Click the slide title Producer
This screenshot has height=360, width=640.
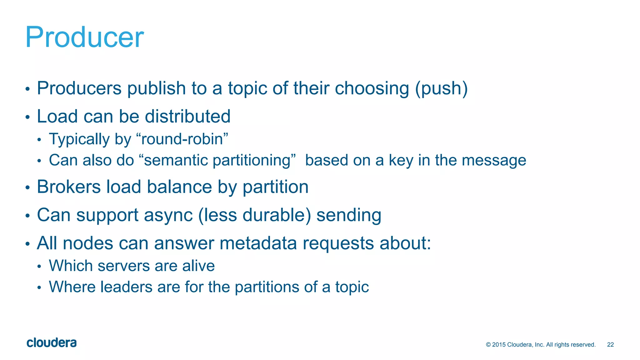(x=84, y=37)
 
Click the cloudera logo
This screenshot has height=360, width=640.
(x=52, y=343)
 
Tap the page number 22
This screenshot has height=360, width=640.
(x=610, y=345)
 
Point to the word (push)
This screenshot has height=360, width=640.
(x=441, y=88)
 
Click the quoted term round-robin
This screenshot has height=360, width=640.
(x=182, y=139)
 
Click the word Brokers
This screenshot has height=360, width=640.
(x=69, y=187)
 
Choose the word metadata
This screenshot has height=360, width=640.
(x=258, y=243)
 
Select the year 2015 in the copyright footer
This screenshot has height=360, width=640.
(x=499, y=345)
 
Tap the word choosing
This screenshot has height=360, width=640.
(x=372, y=88)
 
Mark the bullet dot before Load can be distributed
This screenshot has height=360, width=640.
(x=28, y=117)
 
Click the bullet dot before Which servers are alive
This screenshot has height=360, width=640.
(x=39, y=267)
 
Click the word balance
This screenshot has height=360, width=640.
(x=179, y=187)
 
